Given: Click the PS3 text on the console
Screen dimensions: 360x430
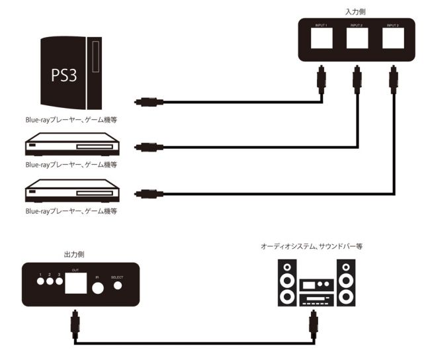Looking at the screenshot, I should point(64,74).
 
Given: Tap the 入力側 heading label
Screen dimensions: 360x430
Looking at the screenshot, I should point(356,11).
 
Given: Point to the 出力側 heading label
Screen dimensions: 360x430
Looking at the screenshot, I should point(74,254).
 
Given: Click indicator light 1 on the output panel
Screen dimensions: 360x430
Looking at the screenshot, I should point(41,281).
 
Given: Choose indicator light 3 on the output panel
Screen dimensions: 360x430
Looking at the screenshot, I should point(58,281).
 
